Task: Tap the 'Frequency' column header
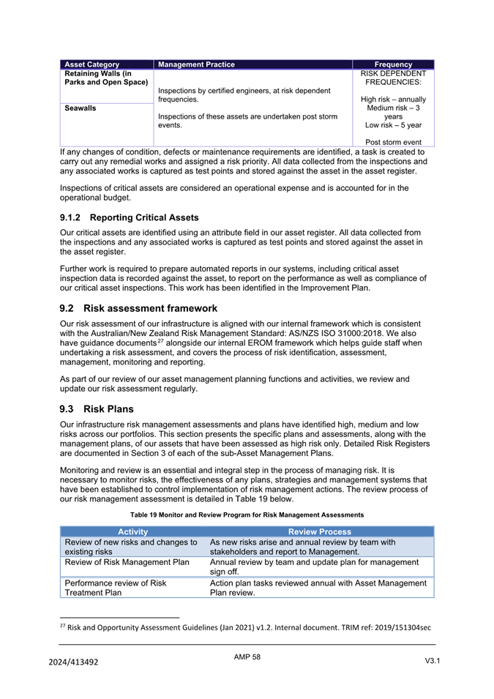(393, 64)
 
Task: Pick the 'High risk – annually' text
(393, 100)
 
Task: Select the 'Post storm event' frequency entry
(393, 142)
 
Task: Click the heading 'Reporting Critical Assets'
(144, 217)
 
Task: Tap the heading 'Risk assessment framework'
(150, 308)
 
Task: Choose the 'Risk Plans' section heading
(109, 408)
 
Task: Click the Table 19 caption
(247, 515)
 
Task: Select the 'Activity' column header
(132, 531)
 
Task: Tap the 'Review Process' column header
(320, 531)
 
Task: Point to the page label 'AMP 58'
(247, 657)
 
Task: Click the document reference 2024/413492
(74, 662)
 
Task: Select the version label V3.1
(432, 661)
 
